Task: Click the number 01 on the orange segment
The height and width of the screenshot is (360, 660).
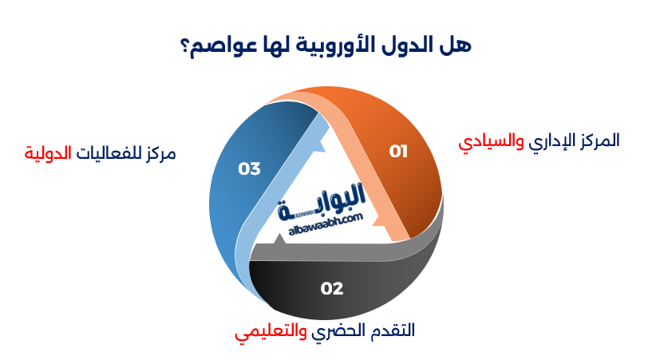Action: click(x=398, y=151)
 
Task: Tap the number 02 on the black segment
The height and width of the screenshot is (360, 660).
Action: click(x=332, y=288)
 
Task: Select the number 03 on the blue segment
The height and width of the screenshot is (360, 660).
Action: click(x=250, y=168)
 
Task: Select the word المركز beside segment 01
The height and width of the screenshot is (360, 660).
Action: click(x=595, y=140)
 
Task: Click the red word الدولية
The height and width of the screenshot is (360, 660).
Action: click(x=47, y=152)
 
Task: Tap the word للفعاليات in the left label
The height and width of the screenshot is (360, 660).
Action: click(x=106, y=152)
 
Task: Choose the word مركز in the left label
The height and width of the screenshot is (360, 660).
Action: click(x=158, y=152)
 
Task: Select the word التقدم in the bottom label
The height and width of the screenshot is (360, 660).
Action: click(x=393, y=330)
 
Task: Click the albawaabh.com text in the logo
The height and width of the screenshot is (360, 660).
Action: click(x=322, y=225)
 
